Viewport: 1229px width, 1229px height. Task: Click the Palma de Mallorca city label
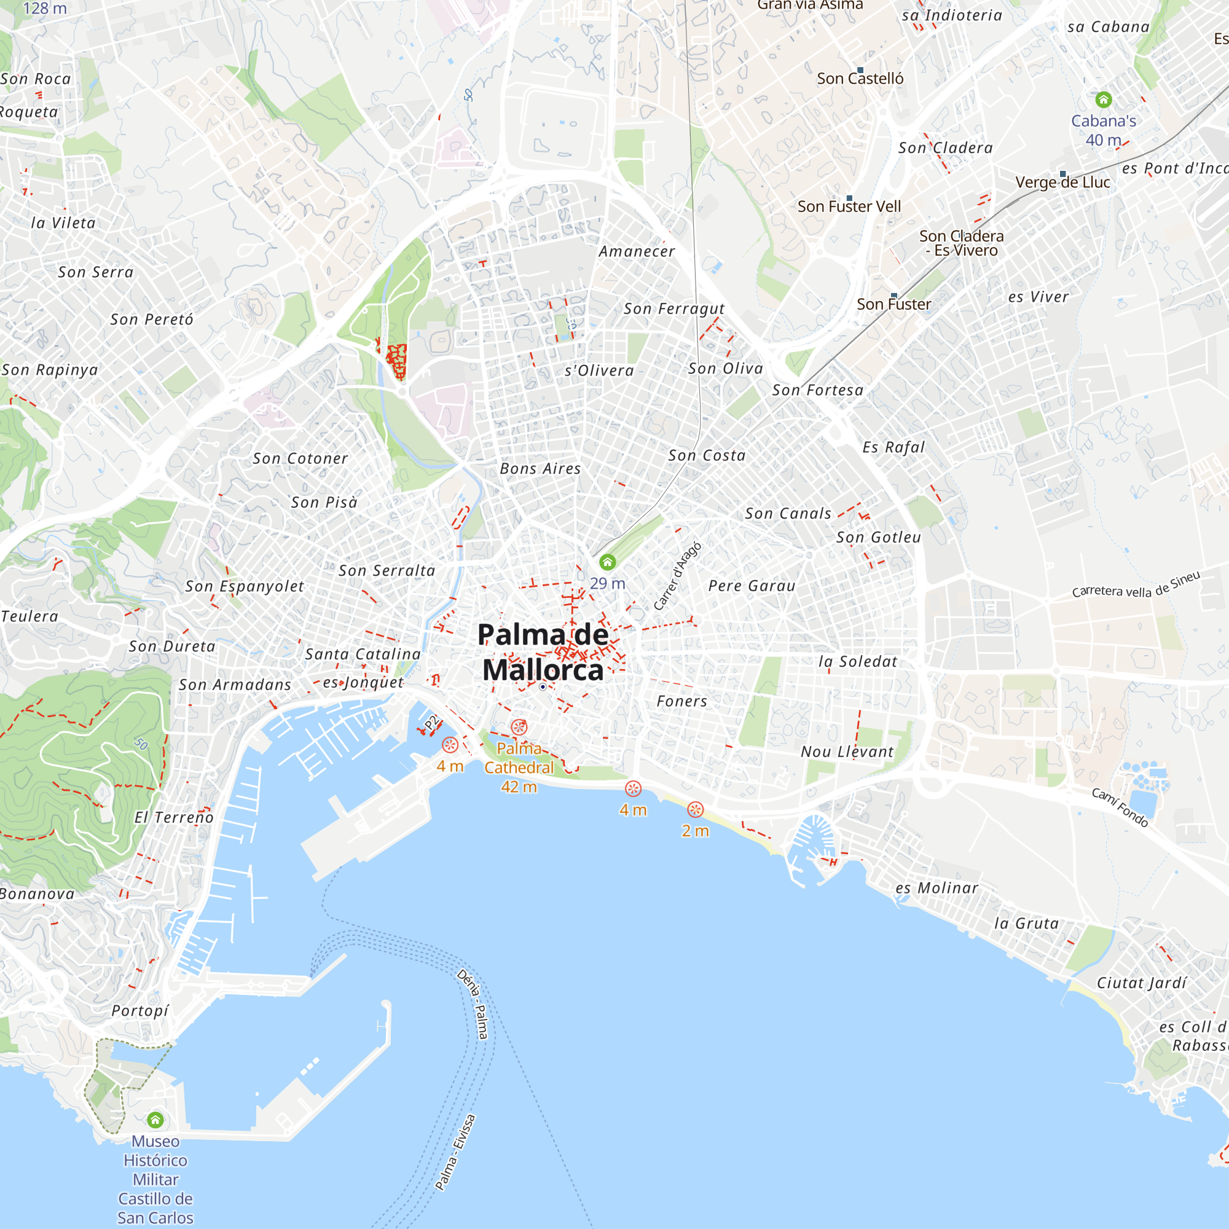point(543,652)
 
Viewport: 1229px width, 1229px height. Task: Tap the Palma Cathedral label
point(519,758)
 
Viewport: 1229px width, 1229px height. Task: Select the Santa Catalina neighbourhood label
point(363,654)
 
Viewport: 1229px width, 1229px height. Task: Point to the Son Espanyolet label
point(245,586)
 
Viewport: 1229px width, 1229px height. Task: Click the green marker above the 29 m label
point(608,562)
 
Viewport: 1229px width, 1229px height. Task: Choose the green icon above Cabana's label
point(1104,99)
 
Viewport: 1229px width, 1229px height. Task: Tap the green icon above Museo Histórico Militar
point(155,1120)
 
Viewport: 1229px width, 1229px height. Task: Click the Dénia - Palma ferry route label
point(473,1005)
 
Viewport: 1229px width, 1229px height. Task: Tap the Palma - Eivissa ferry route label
point(455,1152)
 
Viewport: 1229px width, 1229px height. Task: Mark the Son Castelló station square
point(860,70)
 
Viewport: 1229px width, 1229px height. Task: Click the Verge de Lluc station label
point(1062,182)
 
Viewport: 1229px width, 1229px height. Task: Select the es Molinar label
point(936,888)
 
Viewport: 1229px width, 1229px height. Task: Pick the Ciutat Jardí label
point(1142,983)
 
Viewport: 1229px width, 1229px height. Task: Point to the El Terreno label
point(174,817)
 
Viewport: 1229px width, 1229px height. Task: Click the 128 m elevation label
point(44,8)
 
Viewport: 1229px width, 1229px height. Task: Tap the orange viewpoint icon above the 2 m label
point(695,809)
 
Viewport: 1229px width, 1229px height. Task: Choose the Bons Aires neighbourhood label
point(540,469)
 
